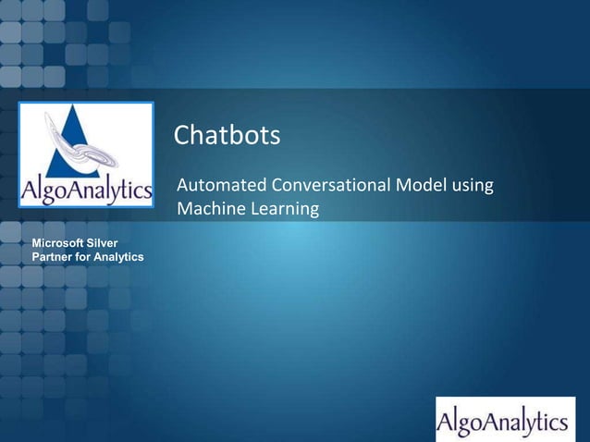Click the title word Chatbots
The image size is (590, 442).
[x=227, y=137]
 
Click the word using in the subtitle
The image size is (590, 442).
[x=473, y=186]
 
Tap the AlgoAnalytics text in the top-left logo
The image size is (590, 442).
[x=86, y=193]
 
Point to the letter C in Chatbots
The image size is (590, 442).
[x=183, y=137]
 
